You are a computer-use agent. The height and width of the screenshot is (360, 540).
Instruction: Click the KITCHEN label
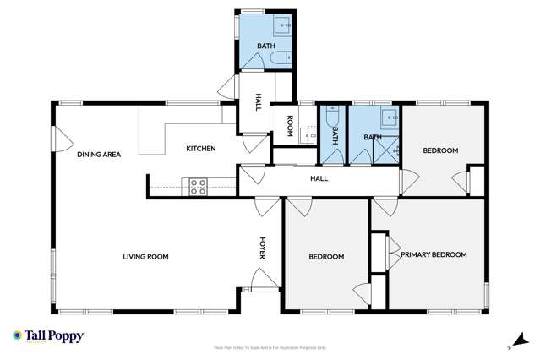(x=201, y=149)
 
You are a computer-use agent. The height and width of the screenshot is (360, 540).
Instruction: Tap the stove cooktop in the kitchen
(x=199, y=187)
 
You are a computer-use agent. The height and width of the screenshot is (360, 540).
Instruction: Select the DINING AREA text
(x=100, y=155)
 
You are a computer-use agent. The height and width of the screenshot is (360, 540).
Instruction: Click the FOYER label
(x=263, y=248)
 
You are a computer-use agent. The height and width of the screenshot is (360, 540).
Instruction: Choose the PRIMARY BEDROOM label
(x=434, y=254)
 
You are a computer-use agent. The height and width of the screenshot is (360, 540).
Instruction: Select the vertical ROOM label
(x=289, y=126)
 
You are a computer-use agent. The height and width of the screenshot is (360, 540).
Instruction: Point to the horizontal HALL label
(x=319, y=178)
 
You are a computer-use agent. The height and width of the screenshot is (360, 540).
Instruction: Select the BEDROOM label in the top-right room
(x=440, y=150)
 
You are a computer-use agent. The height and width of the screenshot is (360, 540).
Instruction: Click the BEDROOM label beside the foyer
(x=325, y=257)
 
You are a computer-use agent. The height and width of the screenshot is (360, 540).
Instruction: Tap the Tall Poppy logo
(x=47, y=335)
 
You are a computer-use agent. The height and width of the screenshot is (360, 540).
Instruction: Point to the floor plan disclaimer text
(x=270, y=347)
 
